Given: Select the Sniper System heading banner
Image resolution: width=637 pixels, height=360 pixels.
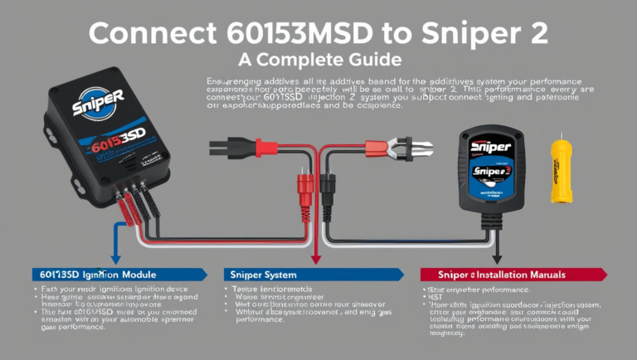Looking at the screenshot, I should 307,273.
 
